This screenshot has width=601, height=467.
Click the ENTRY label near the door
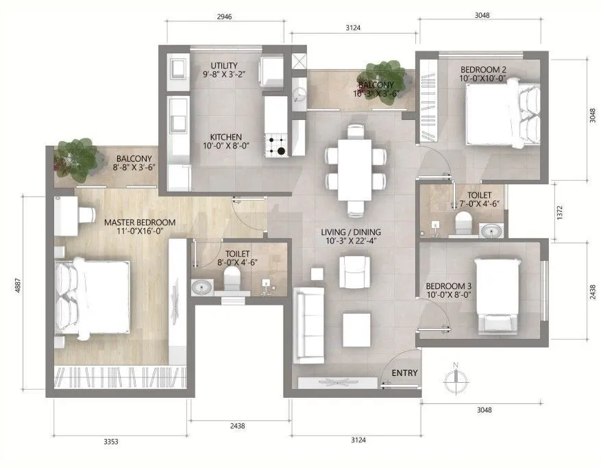[x=404, y=373]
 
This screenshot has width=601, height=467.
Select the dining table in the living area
[x=354, y=168]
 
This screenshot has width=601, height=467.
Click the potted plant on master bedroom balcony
[x=74, y=155]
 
